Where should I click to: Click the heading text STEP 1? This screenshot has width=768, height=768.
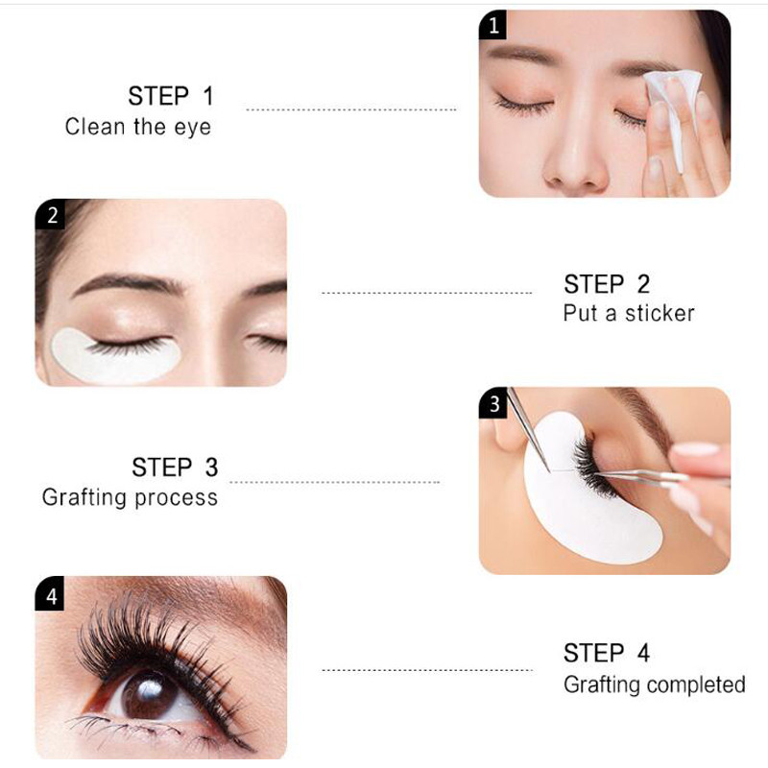[171, 96]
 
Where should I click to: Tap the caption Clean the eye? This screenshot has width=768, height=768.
[137, 127]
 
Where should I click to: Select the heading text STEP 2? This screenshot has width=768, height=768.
[607, 284]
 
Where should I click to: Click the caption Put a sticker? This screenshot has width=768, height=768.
[628, 313]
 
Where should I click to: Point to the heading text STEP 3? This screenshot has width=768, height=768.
[175, 468]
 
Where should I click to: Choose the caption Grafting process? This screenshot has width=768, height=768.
[130, 497]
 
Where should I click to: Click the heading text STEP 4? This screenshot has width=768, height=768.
[607, 654]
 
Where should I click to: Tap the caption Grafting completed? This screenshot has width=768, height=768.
[654, 684]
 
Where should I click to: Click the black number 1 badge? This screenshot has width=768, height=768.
[493, 26]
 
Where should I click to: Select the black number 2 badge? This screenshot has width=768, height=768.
[52, 215]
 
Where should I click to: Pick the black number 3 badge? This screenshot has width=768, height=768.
[494, 404]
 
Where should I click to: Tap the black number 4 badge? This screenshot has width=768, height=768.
[52, 595]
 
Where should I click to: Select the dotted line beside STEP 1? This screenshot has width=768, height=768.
[351, 110]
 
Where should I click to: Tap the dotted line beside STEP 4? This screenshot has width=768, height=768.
[426, 670]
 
